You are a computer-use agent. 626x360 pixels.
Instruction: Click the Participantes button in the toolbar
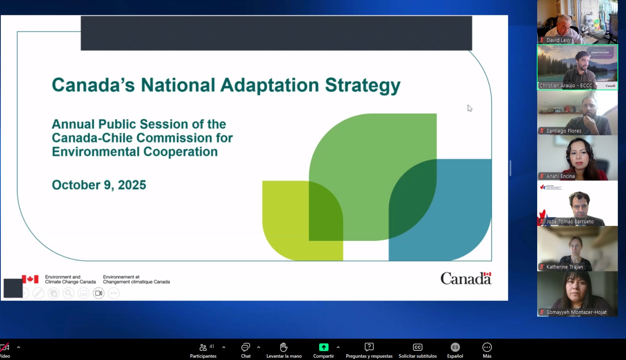203,350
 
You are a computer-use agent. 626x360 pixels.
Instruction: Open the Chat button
246,350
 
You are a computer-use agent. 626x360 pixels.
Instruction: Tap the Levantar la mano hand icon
284,347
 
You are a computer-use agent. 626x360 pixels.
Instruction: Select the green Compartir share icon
324,347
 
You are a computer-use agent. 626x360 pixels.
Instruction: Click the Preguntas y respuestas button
369,350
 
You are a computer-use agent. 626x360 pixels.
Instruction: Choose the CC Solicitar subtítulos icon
417,347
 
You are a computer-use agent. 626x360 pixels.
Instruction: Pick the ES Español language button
455,350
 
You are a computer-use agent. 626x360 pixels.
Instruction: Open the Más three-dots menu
487,350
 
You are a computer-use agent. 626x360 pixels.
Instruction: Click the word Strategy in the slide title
363,86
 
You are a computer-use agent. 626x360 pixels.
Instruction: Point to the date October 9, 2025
99,185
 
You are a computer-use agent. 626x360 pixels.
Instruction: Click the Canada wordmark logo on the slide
466,278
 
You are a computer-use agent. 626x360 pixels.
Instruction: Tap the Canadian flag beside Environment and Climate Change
30,279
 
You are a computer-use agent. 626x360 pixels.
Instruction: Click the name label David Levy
558,40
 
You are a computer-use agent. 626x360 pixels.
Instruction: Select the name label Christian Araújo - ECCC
566,86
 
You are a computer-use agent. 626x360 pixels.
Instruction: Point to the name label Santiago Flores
564,131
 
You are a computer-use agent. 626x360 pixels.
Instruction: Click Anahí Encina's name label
560,176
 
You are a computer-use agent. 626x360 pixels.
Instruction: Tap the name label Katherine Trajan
565,267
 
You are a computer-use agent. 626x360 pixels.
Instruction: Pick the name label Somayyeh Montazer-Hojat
576,312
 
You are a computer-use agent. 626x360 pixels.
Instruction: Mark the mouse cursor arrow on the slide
470,108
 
